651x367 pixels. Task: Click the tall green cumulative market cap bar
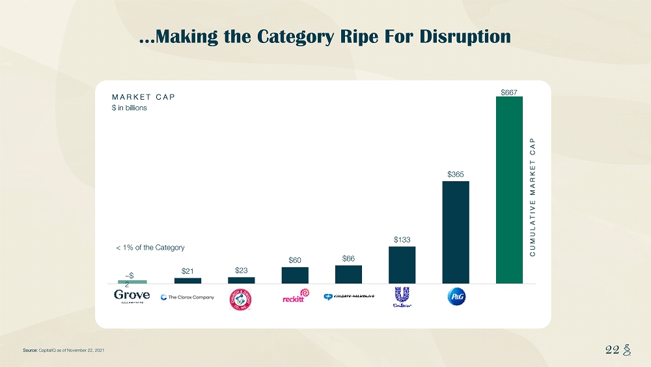[x=509, y=190]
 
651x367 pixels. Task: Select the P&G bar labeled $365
[x=456, y=232]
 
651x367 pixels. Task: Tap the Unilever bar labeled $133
[x=402, y=265]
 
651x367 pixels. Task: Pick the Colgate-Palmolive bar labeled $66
[x=348, y=274]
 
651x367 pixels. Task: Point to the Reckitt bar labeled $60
[x=295, y=275]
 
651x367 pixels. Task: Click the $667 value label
[x=509, y=92]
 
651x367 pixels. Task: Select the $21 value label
[x=187, y=271]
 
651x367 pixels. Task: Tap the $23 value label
[x=242, y=269]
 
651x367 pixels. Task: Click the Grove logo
[x=132, y=297]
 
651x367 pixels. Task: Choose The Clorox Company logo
[x=187, y=297]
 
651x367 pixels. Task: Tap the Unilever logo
[x=402, y=297]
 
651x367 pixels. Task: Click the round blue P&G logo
[x=456, y=297]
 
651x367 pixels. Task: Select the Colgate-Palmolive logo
[x=348, y=297]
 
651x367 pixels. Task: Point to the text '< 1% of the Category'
[x=150, y=248]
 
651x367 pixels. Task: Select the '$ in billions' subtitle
[x=130, y=108]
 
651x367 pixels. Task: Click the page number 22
[x=613, y=349]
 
